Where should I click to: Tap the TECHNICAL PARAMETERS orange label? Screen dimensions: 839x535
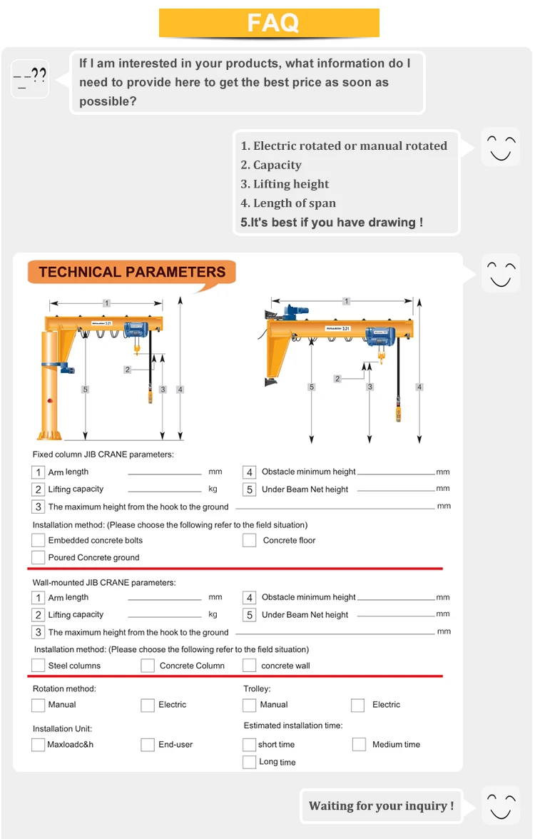tap(132, 272)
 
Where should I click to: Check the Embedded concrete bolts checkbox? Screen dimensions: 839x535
tap(38, 540)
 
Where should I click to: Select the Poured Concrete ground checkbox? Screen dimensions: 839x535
tap(38, 557)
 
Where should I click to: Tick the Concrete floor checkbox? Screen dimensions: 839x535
tap(249, 540)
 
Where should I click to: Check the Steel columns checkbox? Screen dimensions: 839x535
tap(38, 666)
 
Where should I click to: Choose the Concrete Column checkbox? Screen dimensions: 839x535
tap(148, 666)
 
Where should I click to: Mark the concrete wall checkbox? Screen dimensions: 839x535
tap(249, 666)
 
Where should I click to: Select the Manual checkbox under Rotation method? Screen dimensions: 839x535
tap(38, 705)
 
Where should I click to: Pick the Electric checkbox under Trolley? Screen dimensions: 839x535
tap(357, 705)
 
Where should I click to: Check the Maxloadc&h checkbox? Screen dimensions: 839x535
tap(38, 744)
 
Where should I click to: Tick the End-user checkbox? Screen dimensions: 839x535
tap(148, 744)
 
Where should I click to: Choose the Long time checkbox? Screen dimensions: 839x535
tap(249, 762)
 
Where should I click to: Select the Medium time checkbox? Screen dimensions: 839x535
tap(359, 744)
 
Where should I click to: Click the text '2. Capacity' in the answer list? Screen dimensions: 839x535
tap(271, 165)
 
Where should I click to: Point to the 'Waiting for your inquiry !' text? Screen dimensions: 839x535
tap(381, 806)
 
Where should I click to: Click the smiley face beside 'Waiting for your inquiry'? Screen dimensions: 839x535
tap(500, 805)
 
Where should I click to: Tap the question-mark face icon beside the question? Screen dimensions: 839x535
tap(30, 78)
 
